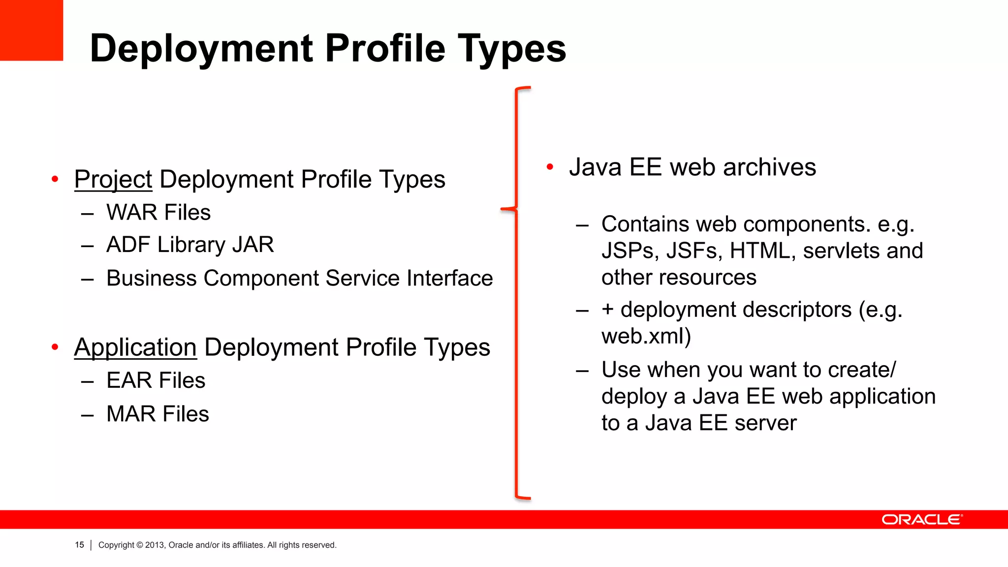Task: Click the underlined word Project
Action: pyautogui.click(x=113, y=179)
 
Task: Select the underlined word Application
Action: pyautogui.click(x=135, y=347)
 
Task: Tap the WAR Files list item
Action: pyautogui.click(x=158, y=213)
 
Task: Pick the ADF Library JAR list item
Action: pyautogui.click(x=190, y=245)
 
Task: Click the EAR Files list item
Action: pyautogui.click(x=156, y=380)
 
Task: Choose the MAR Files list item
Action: pyautogui.click(x=157, y=414)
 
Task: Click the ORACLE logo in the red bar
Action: pyautogui.click(x=922, y=520)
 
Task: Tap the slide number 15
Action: pyautogui.click(x=79, y=545)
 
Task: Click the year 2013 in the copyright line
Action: pyautogui.click(x=154, y=545)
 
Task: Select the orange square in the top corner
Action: pyautogui.click(x=31, y=30)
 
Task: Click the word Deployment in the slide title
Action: pyautogui.click(x=201, y=48)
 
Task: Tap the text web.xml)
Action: pyautogui.click(x=646, y=337)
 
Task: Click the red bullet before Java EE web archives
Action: pyautogui.click(x=550, y=167)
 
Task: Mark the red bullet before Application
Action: pyautogui.click(x=55, y=347)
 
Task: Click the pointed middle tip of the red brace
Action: pyautogui.click(x=502, y=209)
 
